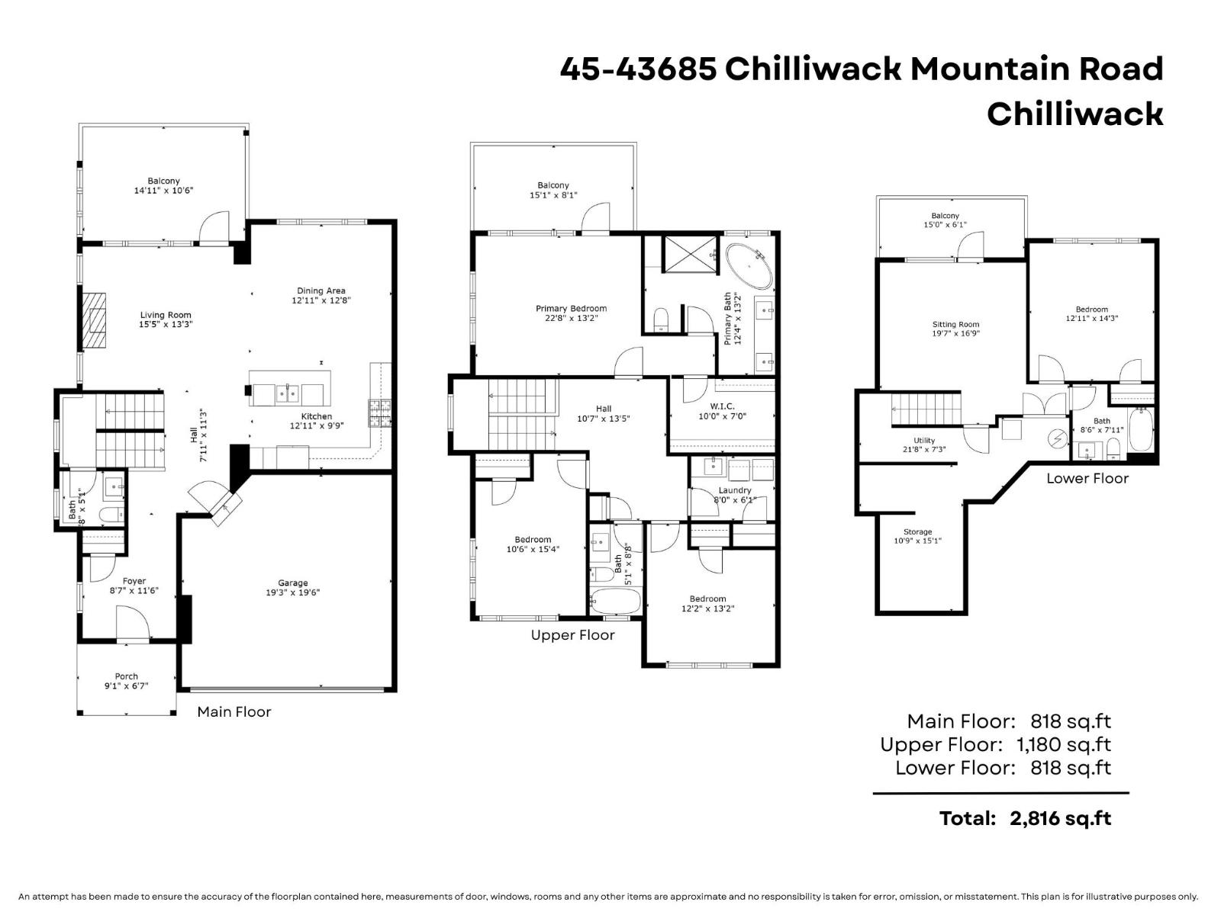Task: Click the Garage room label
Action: click(292, 583)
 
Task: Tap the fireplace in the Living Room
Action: click(95, 320)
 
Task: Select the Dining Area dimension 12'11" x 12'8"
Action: click(321, 300)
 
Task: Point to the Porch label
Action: click(126, 676)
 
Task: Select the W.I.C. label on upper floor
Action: click(721, 406)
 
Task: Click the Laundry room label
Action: click(734, 490)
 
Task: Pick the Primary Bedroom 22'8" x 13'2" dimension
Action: click(571, 319)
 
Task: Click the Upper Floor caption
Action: click(572, 635)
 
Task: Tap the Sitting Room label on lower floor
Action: click(955, 324)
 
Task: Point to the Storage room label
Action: click(917, 531)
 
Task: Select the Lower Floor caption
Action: click(1087, 478)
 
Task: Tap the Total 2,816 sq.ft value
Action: click(1060, 818)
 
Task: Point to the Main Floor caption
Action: click(234, 711)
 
